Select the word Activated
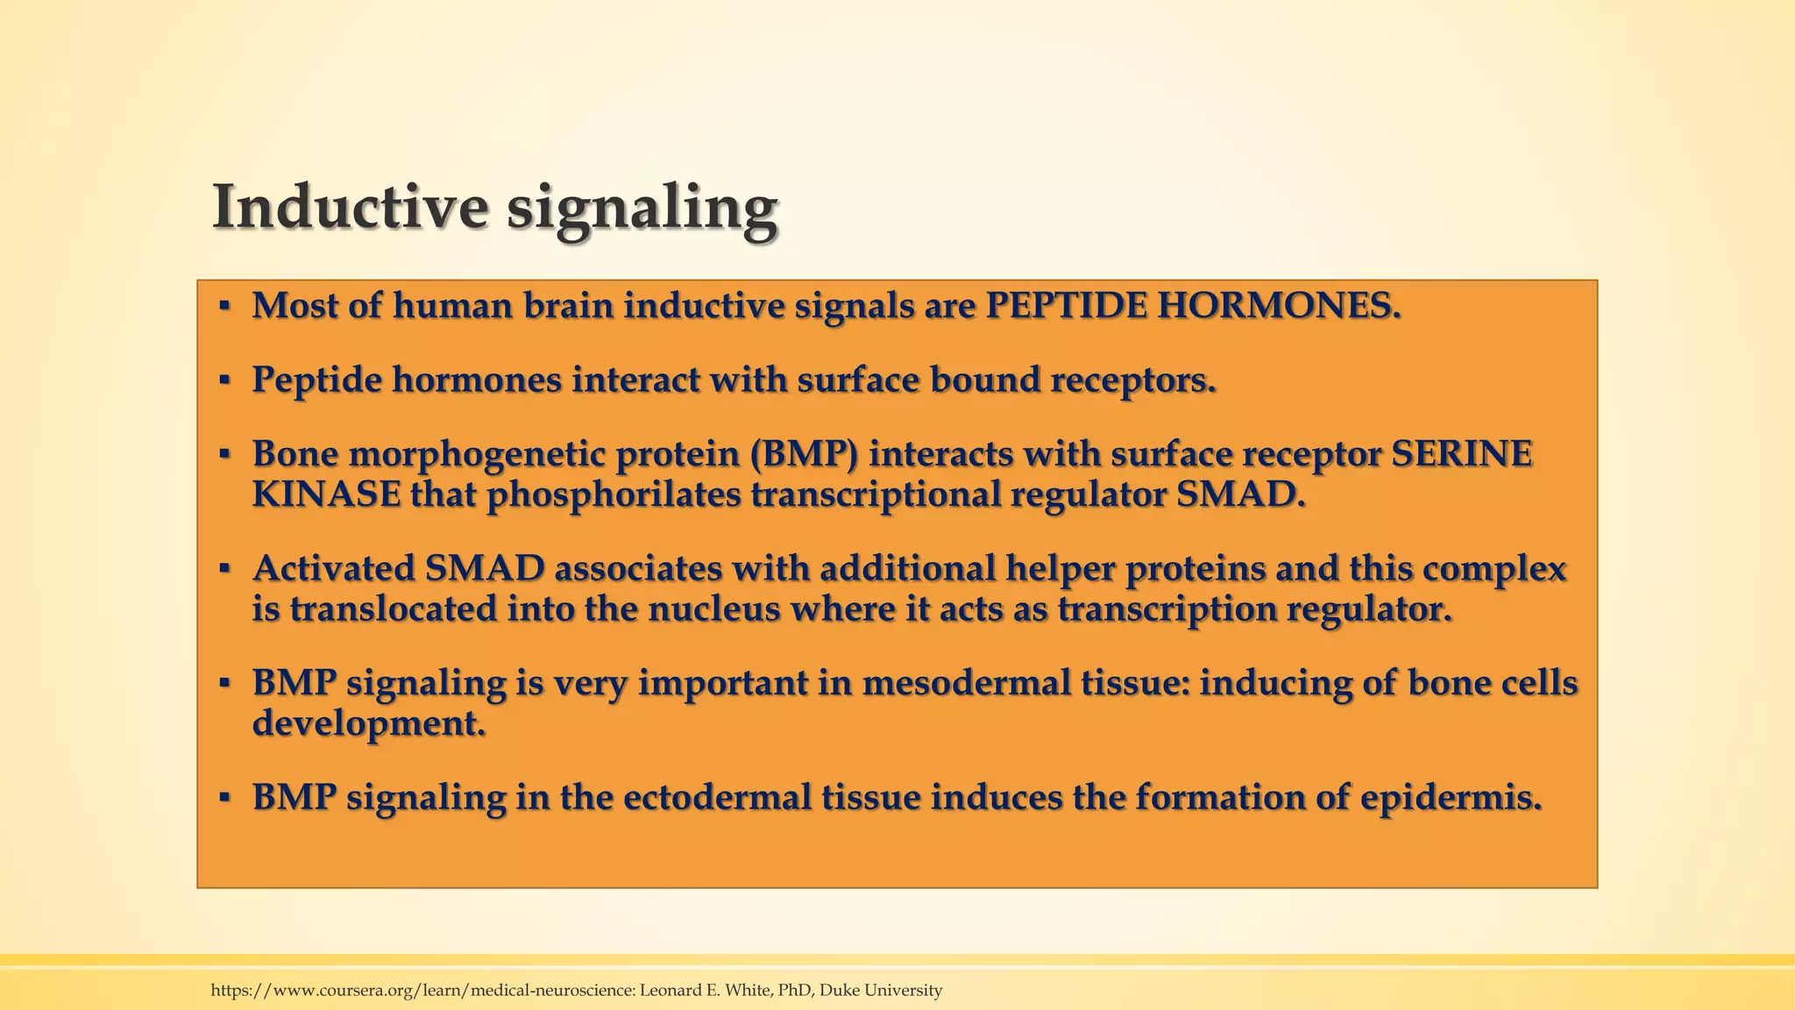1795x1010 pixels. pyautogui.click(x=333, y=568)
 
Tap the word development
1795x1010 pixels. pyautogui.click(x=368, y=723)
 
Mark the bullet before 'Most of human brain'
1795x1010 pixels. pyautogui.click(x=224, y=306)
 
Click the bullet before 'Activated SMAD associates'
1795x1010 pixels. pyautogui.click(x=224, y=568)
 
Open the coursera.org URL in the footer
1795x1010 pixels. pyautogui.click(x=422, y=991)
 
